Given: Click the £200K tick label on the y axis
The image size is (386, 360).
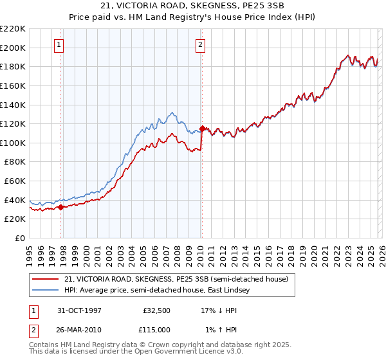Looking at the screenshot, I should (x=13, y=48).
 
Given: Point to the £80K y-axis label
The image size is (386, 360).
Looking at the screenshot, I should (x=15, y=162).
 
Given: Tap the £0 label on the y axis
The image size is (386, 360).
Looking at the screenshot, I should (x=19, y=239).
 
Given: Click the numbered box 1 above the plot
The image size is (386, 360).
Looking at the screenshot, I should (x=59, y=45).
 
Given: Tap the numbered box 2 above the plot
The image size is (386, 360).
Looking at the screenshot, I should (x=200, y=45).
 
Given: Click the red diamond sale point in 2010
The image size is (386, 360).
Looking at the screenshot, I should (x=202, y=129).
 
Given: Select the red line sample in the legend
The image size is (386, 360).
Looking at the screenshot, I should (x=46, y=278).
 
